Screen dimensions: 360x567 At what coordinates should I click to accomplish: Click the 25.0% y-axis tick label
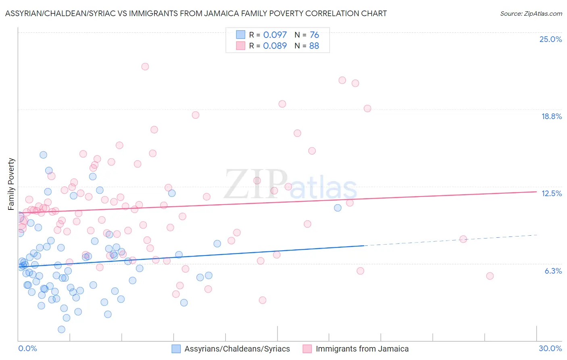point(550,39)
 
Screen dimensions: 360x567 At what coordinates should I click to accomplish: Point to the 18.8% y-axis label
point(551,116)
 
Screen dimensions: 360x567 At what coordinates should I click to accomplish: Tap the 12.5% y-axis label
point(551,193)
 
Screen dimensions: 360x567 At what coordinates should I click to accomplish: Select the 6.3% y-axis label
point(553,271)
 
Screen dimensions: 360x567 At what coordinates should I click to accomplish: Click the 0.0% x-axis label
point(27,348)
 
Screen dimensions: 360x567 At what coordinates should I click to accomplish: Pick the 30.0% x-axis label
point(550,348)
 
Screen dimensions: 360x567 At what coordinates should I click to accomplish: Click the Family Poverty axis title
point(11,184)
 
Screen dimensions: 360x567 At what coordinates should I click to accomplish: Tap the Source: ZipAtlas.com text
point(531,13)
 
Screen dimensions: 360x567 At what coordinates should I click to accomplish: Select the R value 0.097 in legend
point(275,35)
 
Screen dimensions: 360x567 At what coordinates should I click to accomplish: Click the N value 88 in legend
point(314,46)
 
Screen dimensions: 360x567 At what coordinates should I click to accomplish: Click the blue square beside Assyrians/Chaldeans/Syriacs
point(176,349)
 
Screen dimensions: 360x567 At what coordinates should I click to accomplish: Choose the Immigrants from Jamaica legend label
point(362,349)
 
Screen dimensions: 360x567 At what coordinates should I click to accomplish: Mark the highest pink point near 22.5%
point(145,67)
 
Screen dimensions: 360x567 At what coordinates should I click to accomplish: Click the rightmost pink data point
point(490,276)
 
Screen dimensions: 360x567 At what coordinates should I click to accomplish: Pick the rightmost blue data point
point(338,208)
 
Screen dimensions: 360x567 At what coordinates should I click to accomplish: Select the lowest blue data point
point(62,329)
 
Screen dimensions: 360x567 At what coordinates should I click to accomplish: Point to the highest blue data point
point(43,155)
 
